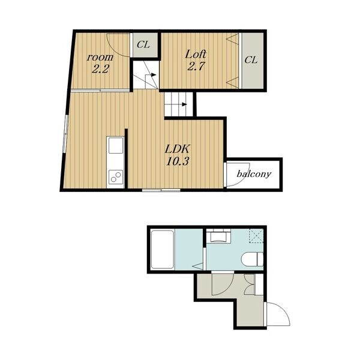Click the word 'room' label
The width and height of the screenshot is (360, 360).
click(100, 58)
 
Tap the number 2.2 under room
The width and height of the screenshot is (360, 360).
click(100, 68)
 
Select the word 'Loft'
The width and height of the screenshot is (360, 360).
click(196, 55)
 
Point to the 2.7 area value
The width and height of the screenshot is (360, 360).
click(196, 67)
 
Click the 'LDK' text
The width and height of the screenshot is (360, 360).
click(177, 149)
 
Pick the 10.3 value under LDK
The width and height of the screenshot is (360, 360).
click(178, 161)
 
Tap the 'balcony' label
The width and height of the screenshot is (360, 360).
click(254, 174)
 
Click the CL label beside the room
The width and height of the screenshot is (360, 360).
click(143, 44)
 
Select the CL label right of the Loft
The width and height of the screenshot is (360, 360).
click(251, 60)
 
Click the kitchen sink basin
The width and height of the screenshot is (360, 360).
click(115, 145)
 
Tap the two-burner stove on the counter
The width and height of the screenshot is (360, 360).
click(115, 177)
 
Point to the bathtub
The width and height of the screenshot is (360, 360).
click(163, 250)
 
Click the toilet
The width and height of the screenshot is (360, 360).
click(252, 259)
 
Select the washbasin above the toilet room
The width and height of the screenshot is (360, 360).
click(218, 235)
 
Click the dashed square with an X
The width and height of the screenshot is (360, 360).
click(256, 236)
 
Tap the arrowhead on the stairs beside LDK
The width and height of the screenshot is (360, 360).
click(184, 104)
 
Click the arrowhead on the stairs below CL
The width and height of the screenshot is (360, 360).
click(154, 75)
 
